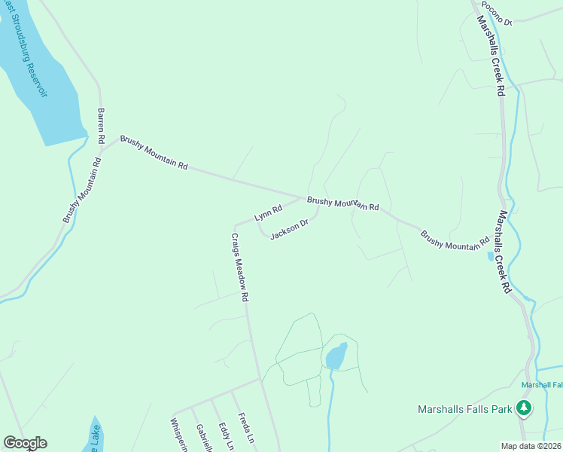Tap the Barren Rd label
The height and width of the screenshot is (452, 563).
coord(101,126)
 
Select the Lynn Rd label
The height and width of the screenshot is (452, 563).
coord(268,212)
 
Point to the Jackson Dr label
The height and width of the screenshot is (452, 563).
coord(290,228)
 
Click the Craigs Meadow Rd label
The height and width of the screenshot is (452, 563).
coord(239,267)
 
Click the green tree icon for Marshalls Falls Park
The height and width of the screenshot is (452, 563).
coord(524,408)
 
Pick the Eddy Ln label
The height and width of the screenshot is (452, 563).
coord(225,436)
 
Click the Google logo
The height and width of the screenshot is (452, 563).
coord(25,443)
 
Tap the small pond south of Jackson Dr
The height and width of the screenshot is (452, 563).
coord(336,356)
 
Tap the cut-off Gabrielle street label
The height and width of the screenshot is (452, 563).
coord(202,438)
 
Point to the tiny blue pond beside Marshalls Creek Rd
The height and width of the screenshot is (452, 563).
coord(491,256)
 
